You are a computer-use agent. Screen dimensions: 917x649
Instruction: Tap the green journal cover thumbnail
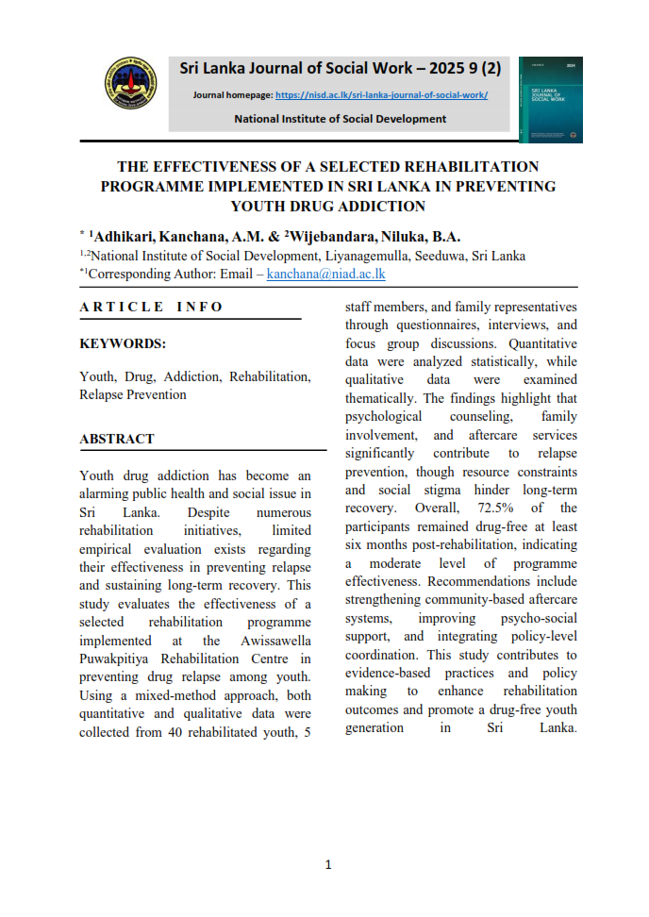coord(550,100)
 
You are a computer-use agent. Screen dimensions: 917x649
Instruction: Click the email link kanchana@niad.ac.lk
coord(325,274)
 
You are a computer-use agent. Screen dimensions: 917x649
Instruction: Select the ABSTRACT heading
coord(117,439)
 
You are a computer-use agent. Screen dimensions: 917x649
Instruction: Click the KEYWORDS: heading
coord(123,344)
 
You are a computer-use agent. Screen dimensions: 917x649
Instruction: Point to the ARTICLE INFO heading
coord(152,307)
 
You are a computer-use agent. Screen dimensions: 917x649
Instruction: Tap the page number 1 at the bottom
coord(327,864)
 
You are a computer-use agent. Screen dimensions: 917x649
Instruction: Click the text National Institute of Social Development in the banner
coord(340,119)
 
